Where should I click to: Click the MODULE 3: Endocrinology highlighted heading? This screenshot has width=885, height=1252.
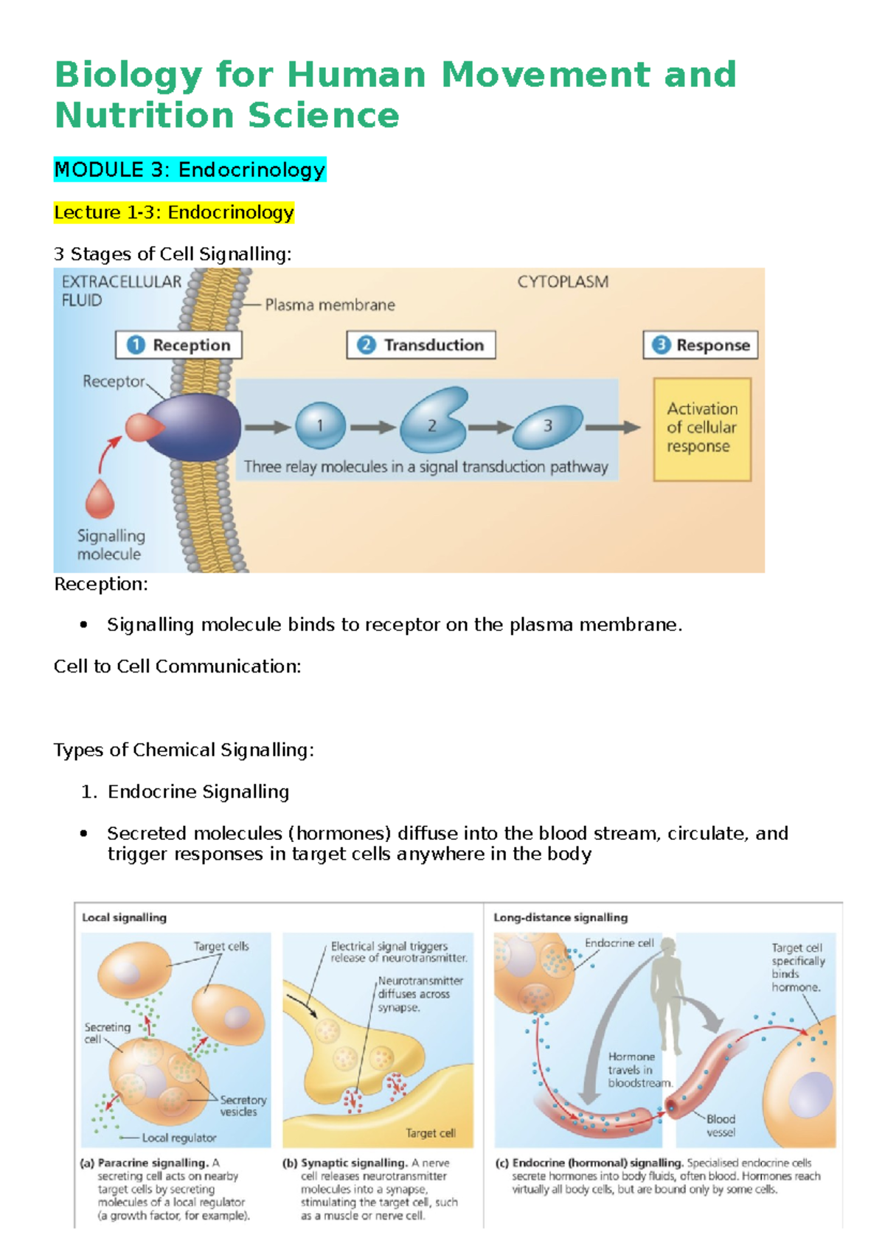[190, 170]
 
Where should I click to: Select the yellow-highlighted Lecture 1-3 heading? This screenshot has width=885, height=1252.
[174, 212]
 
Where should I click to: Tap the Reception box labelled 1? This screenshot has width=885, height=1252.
[179, 345]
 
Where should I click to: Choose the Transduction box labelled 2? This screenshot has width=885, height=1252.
[421, 345]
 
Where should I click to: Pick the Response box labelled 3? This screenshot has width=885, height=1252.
[701, 345]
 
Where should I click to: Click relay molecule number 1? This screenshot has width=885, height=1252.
[320, 426]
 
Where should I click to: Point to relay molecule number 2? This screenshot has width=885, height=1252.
[434, 420]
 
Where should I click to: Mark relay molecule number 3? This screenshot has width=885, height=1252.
[548, 427]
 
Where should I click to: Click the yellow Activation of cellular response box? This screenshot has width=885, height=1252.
[702, 429]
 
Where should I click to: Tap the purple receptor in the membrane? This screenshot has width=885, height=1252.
[193, 427]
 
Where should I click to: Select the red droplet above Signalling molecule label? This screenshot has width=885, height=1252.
[100, 499]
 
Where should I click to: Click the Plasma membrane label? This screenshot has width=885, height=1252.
[330, 305]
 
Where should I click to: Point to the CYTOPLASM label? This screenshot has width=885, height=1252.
[563, 282]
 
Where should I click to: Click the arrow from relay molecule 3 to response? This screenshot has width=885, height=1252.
[613, 428]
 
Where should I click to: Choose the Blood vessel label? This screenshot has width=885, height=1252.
[721, 1126]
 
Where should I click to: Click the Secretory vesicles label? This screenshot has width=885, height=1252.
[243, 1105]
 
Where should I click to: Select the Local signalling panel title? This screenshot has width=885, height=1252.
[124, 918]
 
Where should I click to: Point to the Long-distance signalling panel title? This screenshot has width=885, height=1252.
[560, 918]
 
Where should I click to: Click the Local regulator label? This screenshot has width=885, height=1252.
[179, 1138]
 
